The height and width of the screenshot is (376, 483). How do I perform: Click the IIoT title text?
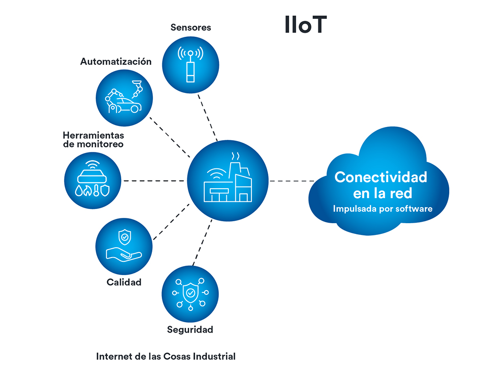(x=305, y=25)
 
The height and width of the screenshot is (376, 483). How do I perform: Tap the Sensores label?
(x=191, y=27)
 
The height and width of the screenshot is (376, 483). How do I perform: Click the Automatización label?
(x=116, y=61)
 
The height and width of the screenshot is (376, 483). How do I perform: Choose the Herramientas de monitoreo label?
(x=93, y=140)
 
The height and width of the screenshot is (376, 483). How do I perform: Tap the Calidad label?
(x=124, y=282)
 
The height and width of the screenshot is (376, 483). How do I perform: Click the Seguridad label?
(x=190, y=329)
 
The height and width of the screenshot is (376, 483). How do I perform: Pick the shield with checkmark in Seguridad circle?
(x=190, y=293)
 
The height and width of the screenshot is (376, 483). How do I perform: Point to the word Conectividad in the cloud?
(x=381, y=177)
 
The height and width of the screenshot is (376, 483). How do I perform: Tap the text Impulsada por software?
(x=383, y=208)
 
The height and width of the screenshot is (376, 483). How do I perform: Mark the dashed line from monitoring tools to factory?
(x=154, y=181)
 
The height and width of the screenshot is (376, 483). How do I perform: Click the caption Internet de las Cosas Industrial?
(x=166, y=356)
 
